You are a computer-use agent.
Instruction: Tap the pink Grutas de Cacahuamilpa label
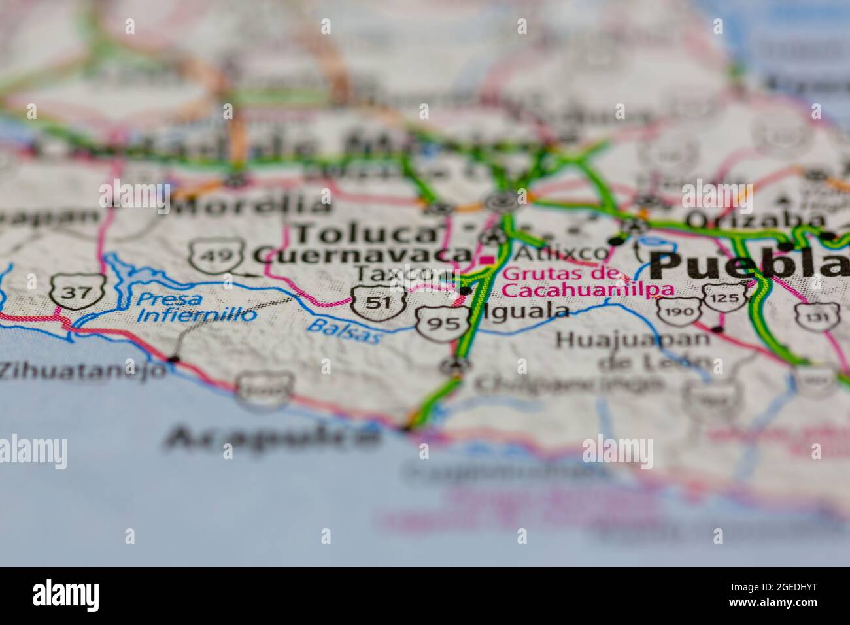tap(579, 282)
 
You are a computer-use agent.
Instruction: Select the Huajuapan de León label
tap(633, 349)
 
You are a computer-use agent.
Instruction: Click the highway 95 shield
tap(443, 322)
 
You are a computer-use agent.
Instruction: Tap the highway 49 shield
tap(217, 255)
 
